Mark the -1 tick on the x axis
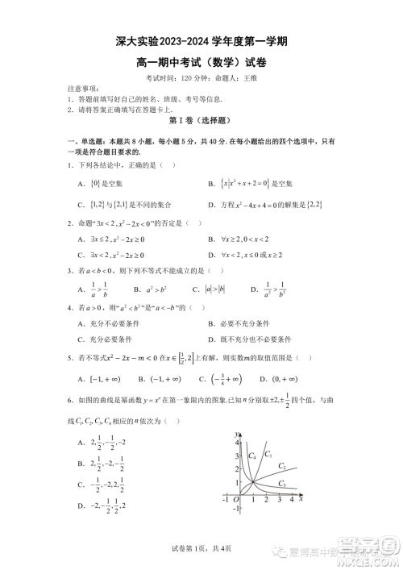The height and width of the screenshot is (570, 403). (226, 500)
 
